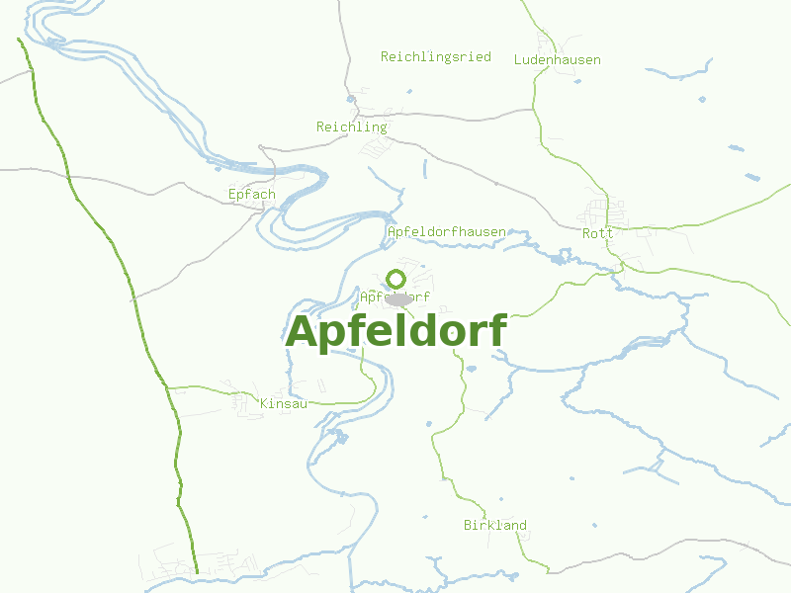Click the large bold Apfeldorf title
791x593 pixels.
coord(395,332)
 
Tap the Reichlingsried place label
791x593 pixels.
coord(435,56)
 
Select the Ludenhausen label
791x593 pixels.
coord(557,59)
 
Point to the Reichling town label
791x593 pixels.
coord(351,127)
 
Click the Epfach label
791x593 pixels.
coord(251,194)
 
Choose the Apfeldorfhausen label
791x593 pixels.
coord(446,231)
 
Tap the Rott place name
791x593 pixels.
coord(597,233)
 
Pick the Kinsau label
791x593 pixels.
coord(284,403)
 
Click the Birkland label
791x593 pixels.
coord(494,525)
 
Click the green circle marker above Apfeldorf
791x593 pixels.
coord(396,279)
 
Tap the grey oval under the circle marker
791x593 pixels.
coord(398,298)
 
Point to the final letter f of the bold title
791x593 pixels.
coord(497,330)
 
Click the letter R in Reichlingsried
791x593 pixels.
coord(385,56)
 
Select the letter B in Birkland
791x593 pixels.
coord(468,525)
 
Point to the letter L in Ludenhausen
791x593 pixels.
coord(517,59)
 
